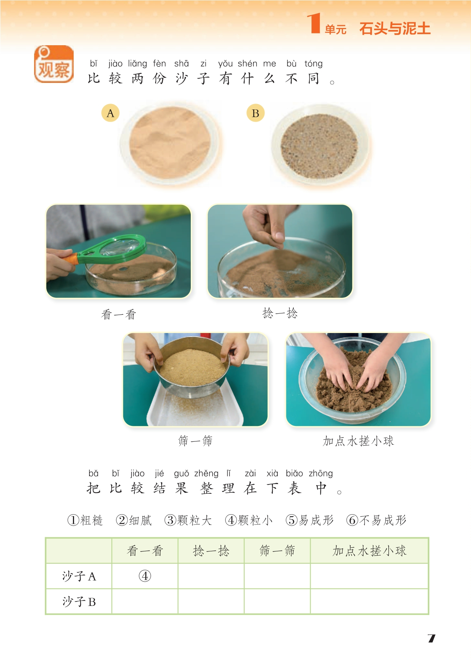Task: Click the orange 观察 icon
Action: point(54,64)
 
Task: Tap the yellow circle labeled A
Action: point(110,113)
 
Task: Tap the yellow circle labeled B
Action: point(255,113)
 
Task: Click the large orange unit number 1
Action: point(314,23)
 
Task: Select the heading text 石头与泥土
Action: point(395,29)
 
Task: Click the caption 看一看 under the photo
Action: point(119,314)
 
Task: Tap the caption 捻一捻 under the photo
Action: point(280,313)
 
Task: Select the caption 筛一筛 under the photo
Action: point(195,440)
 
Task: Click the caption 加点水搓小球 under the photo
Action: point(358,441)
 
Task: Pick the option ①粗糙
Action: point(85,520)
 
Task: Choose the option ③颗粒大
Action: point(188,520)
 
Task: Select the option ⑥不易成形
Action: point(376,520)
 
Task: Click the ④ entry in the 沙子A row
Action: point(145,576)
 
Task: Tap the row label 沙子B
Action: point(79,601)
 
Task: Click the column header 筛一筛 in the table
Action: point(277,550)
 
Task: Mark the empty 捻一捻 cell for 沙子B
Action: point(211,601)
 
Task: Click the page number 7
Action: point(431,638)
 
